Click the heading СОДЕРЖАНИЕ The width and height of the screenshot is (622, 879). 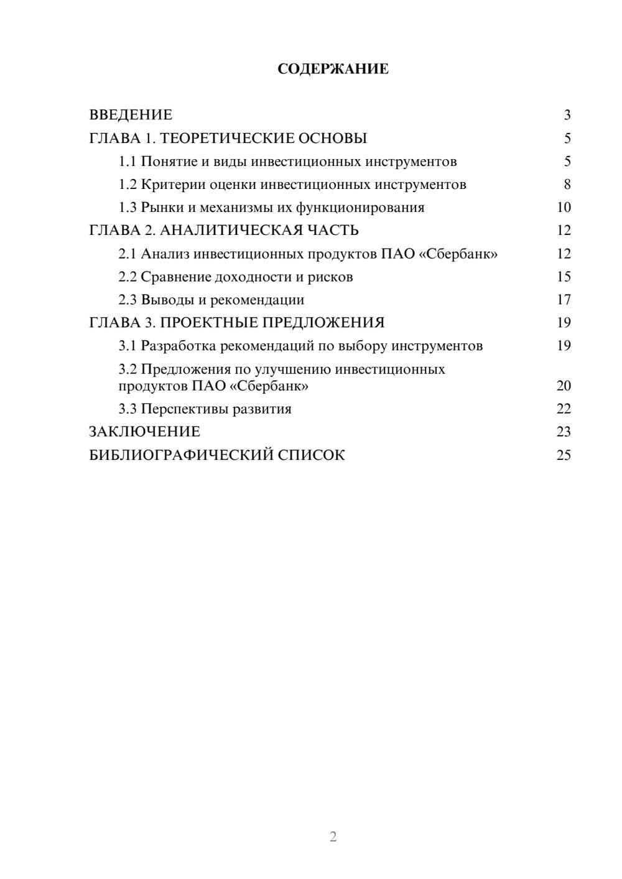pyautogui.click(x=333, y=69)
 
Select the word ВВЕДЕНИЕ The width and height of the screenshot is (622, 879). pyautogui.click(x=131, y=115)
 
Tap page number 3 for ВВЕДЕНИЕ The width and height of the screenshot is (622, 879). pyautogui.click(x=567, y=115)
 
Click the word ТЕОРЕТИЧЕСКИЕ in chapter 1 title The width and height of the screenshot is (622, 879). pyautogui.click(x=221, y=138)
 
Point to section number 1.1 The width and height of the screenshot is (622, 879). pyautogui.click(x=128, y=162)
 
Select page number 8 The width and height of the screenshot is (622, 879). pyautogui.click(x=567, y=185)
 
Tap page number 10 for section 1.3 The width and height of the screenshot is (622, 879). pyautogui.click(x=564, y=208)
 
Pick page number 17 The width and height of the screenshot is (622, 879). pyautogui.click(x=564, y=300)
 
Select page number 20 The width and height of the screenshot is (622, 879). pyautogui.click(x=564, y=385)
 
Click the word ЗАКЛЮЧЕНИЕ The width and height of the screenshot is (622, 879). pyautogui.click(x=145, y=431)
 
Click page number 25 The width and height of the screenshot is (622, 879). pyautogui.click(x=564, y=455)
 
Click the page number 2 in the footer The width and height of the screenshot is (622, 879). pyautogui.click(x=333, y=837)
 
